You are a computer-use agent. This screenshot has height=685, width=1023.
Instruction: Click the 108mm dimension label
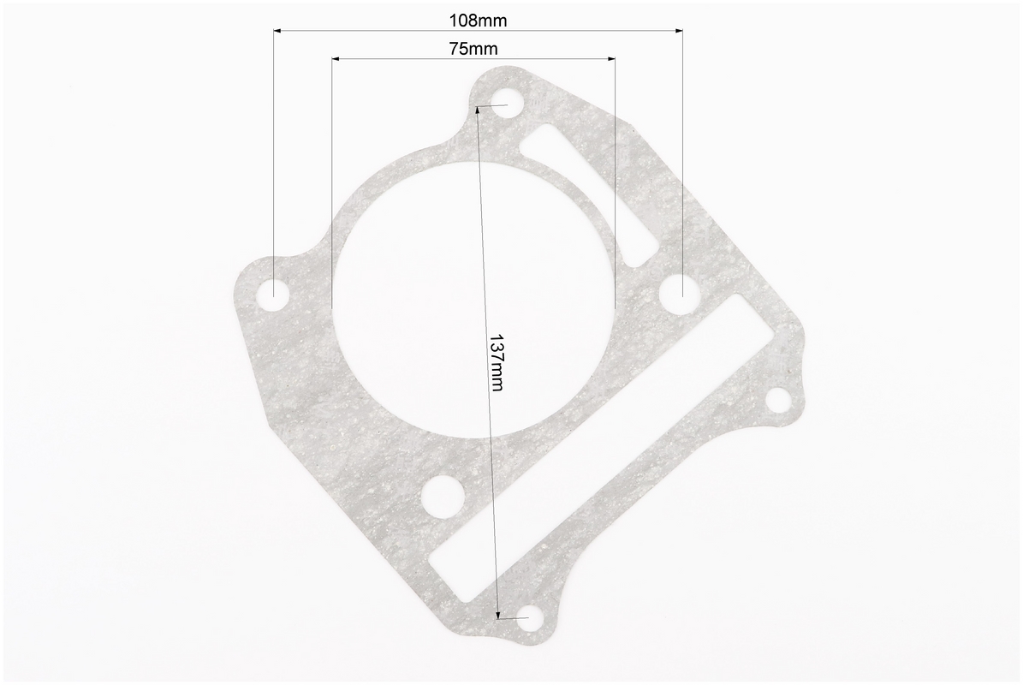tap(478, 21)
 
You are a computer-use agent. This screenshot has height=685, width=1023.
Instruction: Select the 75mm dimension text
tap(473, 49)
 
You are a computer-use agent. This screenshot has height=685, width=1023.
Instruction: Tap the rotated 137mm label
tap(496, 363)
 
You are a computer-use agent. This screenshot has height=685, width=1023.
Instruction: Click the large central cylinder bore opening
tap(474, 298)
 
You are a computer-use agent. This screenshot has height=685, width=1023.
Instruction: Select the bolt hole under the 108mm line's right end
tap(679, 291)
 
